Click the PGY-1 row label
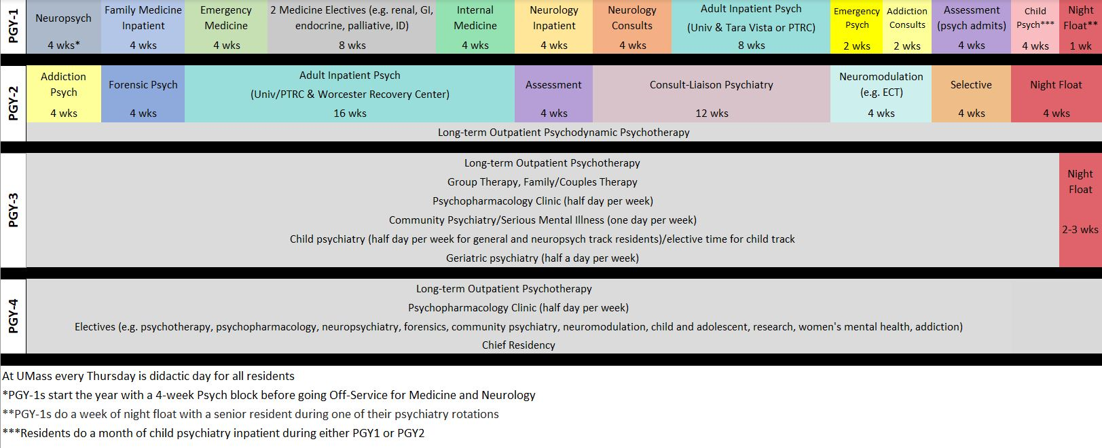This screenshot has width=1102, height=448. pos(13,27)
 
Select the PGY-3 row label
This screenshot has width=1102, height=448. pos(13,209)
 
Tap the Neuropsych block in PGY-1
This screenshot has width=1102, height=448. pos(63,27)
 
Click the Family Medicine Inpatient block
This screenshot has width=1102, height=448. pos(143,27)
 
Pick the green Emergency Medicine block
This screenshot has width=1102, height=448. pos(226,27)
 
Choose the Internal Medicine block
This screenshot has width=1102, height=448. pos(475,27)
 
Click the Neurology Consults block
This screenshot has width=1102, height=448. pos(631,27)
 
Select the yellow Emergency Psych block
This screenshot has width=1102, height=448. pos(857,27)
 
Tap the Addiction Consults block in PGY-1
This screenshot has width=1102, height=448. pos(906,27)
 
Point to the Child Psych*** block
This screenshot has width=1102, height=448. pos(1035,27)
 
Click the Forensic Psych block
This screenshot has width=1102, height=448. pos(143,94)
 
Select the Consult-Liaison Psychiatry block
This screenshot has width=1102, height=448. pos(711,94)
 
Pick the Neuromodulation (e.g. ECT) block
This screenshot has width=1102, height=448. pos(881,94)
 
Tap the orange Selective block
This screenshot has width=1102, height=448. pos(971,94)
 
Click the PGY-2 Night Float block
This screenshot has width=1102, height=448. pos(1056,94)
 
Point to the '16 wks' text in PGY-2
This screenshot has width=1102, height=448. pos(350,114)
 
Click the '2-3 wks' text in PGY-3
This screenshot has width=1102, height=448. pos(1080,230)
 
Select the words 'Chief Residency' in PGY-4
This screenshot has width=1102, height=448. pos(518,345)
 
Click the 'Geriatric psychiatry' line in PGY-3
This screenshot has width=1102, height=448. pos(542,258)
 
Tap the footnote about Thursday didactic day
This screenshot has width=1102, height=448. pos(148,376)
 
